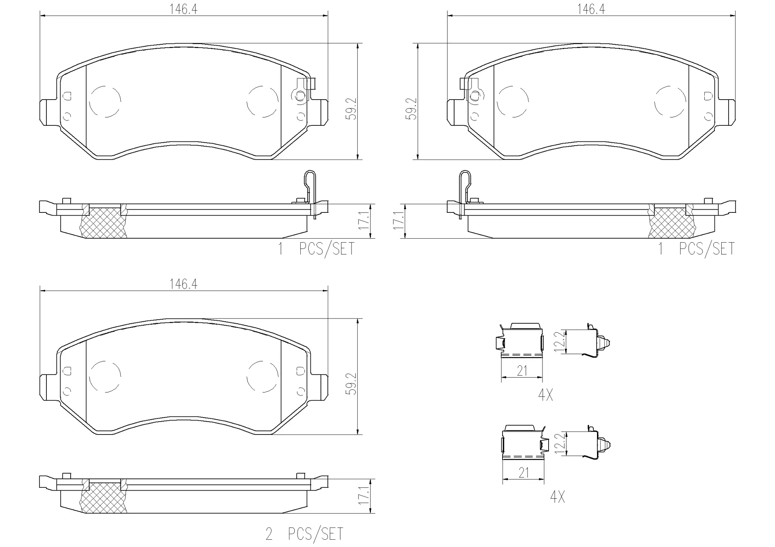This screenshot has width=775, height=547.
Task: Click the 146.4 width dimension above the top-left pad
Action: coord(183,9)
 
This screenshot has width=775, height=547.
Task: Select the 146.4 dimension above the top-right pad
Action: coord(591,9)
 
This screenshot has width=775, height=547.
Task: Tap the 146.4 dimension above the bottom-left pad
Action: coord(183,284)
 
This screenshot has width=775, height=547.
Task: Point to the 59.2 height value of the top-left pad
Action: coord(352,108)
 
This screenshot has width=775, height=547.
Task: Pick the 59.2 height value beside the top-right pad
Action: coord(412,108)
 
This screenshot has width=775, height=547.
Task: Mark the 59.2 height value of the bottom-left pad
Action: coord(352,383)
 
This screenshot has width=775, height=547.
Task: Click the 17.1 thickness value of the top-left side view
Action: coord(364,220)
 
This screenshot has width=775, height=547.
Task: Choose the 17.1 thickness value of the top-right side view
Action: coord(398,220)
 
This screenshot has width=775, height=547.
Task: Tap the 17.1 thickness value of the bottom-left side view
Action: coord(364,496)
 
